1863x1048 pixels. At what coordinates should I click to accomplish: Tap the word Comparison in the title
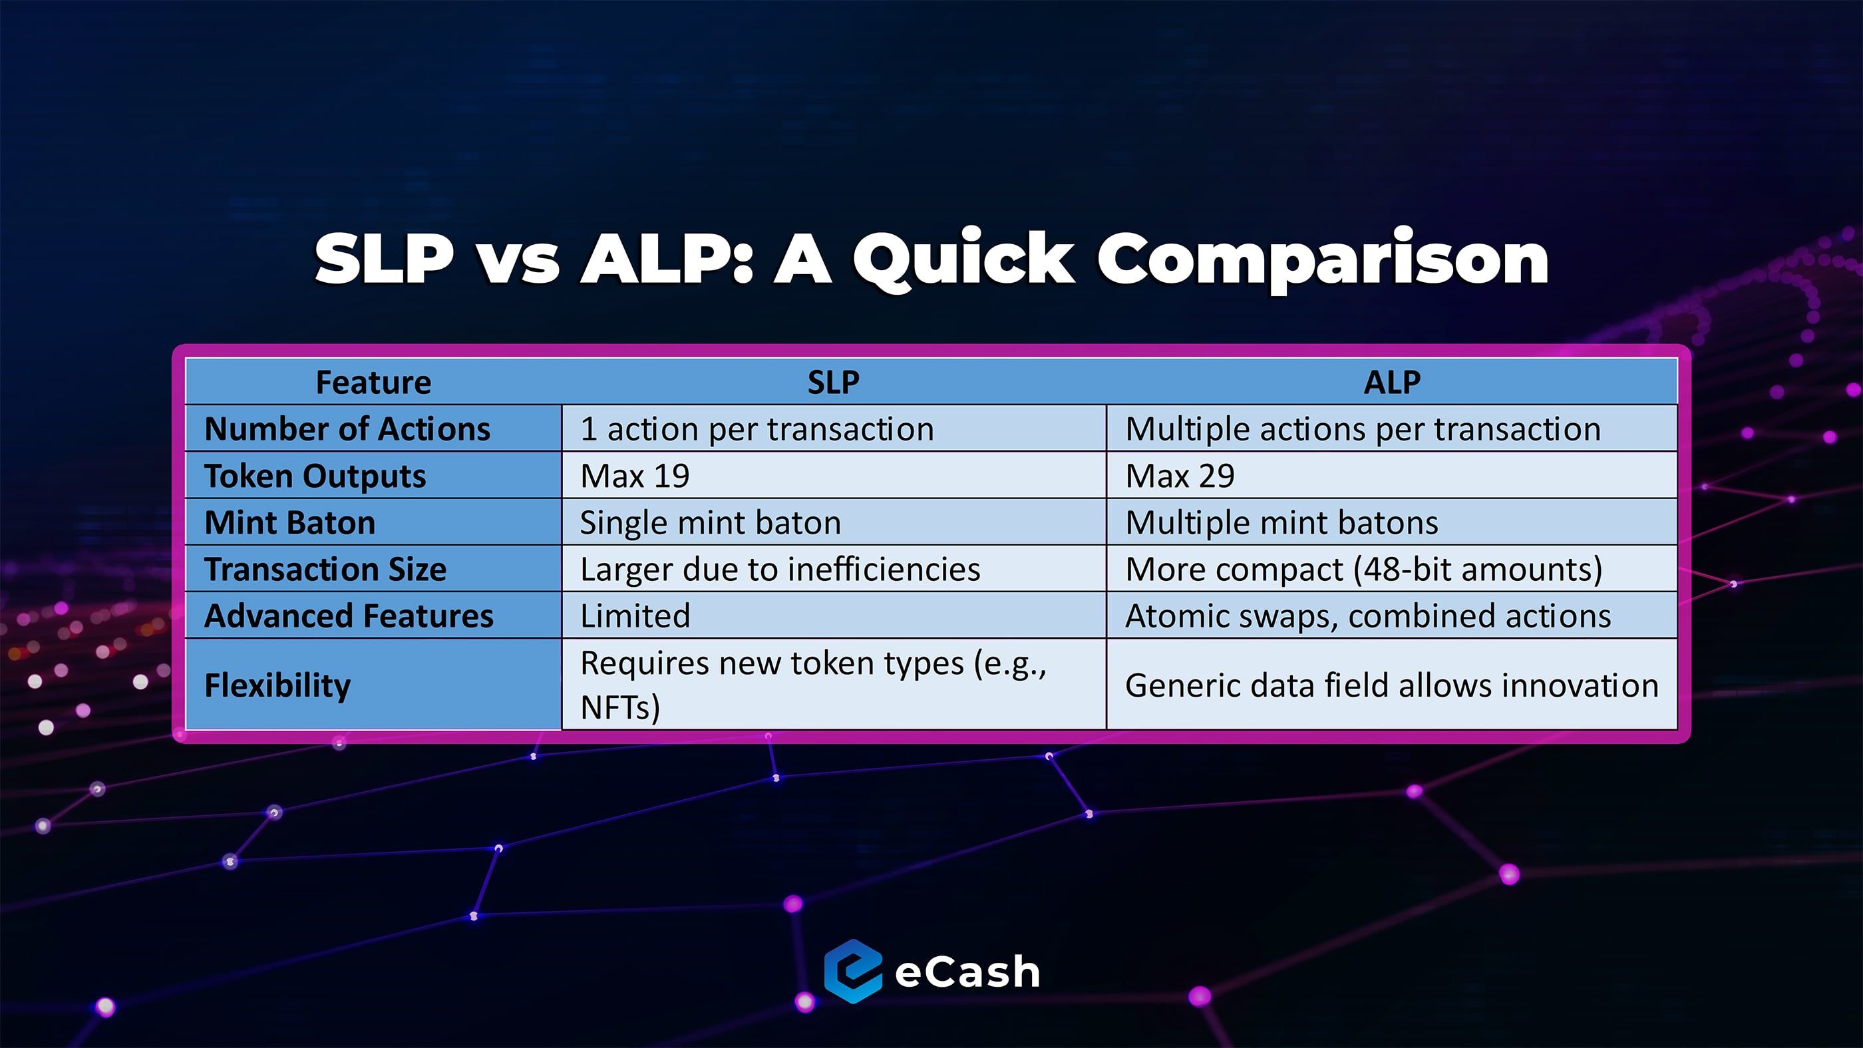1323,260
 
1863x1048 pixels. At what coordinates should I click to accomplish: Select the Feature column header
373,382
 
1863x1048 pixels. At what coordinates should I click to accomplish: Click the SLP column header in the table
833,382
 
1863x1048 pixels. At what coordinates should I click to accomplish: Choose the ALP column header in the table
1391,382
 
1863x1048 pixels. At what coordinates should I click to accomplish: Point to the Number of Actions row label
347,429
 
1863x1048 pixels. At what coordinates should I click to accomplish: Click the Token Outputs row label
315,476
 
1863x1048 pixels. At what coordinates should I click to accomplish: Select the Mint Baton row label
290,522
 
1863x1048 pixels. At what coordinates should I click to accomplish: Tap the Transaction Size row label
325,569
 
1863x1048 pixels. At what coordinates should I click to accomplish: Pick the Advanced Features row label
349,615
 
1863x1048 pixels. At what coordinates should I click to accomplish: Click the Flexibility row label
277,685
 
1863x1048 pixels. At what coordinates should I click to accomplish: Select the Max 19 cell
635,476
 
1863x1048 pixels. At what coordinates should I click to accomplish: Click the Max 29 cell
1180,476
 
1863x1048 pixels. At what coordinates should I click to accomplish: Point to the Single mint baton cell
711,522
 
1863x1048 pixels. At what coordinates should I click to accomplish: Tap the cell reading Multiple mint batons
1282,522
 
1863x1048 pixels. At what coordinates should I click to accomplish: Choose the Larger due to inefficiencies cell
780,569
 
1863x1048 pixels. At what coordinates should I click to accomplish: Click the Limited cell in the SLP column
635,615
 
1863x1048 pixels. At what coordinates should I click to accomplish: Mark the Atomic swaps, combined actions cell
1369,616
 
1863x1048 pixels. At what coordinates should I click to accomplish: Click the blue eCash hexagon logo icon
854,971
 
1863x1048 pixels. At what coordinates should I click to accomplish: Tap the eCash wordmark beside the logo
967,971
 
